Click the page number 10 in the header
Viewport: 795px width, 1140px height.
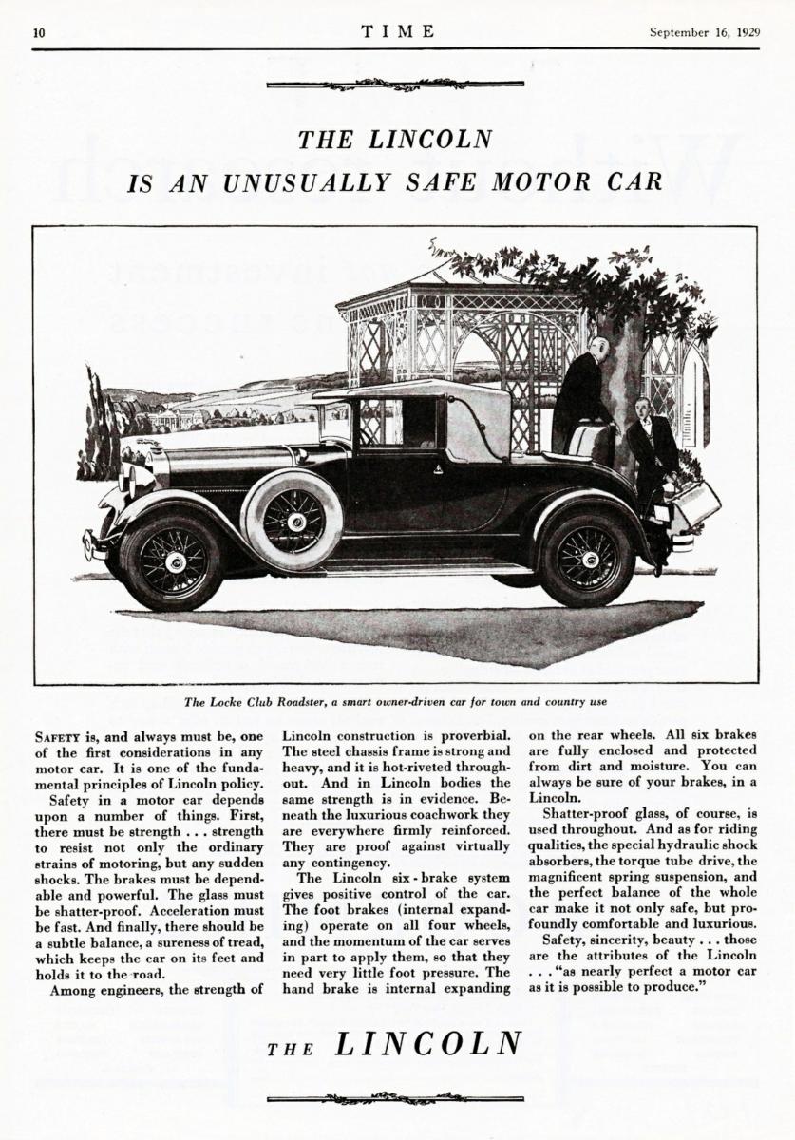[x=38, y=31]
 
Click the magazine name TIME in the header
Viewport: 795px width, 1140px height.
[x=398, y=30]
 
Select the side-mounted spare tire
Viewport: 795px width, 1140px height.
[x=292, y=520]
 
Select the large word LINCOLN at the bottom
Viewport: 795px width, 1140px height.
[x=428, y=1043]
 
